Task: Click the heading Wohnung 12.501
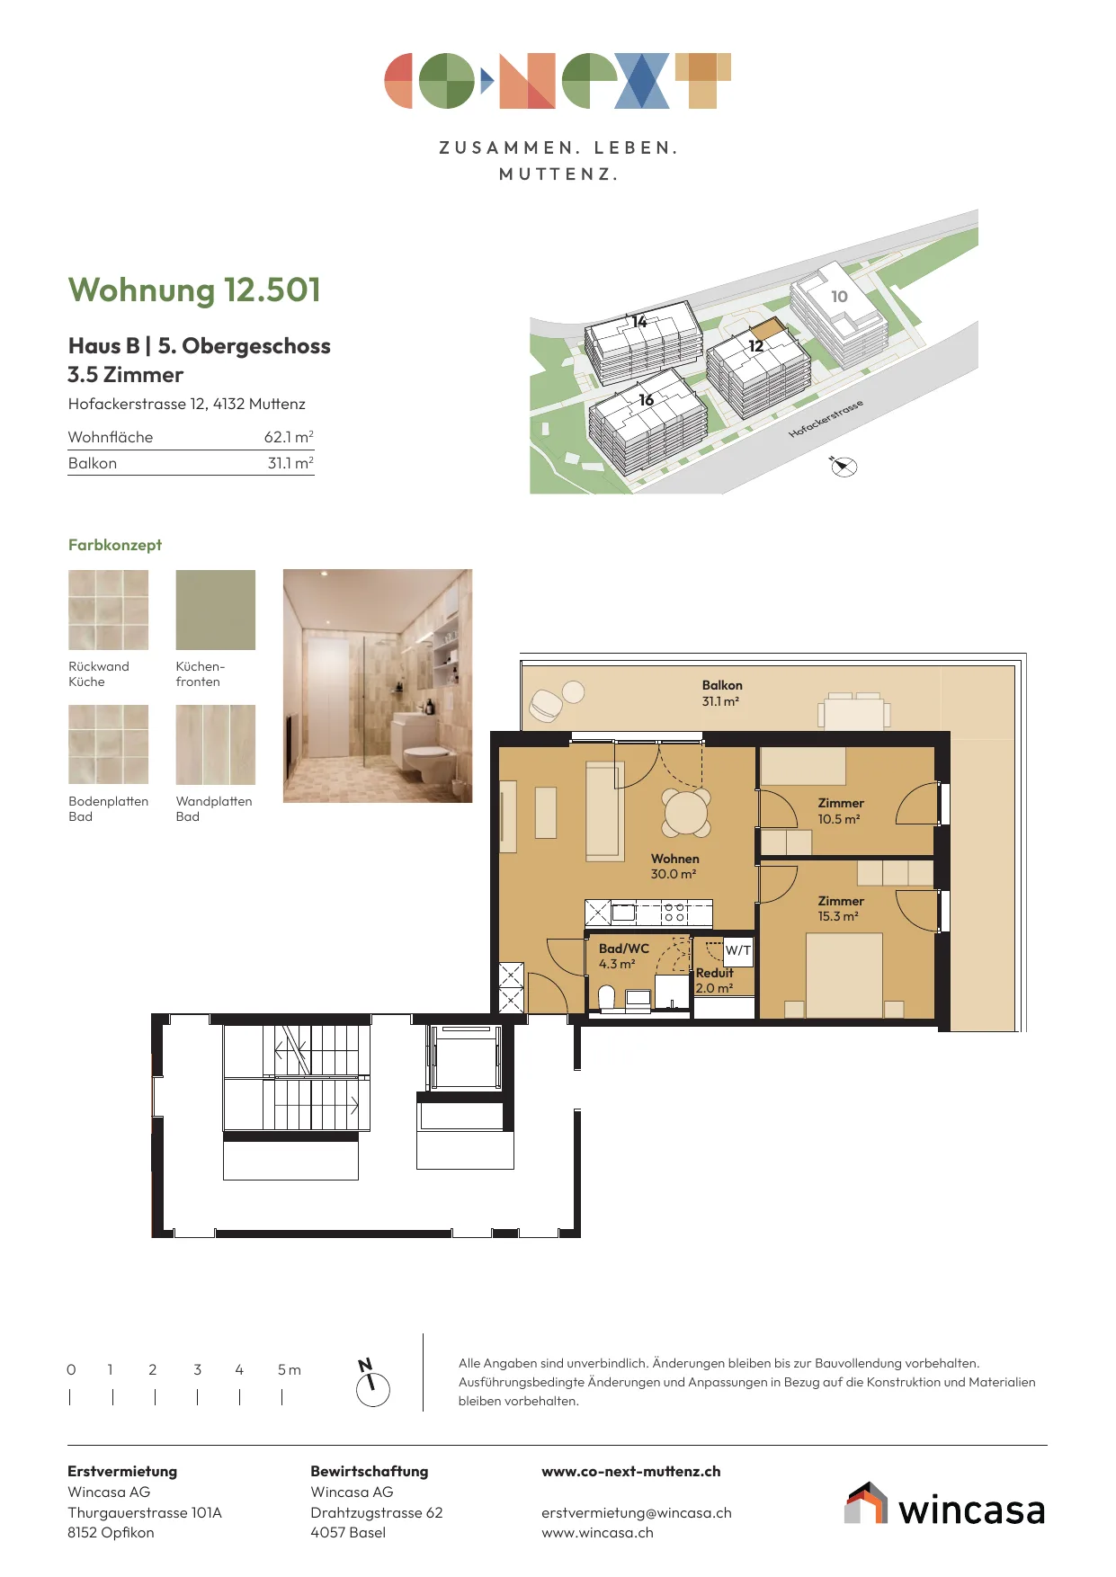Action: coord(194,290)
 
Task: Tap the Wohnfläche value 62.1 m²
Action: coord(289,437)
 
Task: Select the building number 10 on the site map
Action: coord(839,297)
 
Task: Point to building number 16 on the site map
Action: coord(646,400)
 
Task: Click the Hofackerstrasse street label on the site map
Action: coord(826,419)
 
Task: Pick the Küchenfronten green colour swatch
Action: coord(216,610)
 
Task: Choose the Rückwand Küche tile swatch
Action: coord(109,610)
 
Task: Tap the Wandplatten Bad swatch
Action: coord(216,744)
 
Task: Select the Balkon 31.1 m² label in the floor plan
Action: coord(722,693)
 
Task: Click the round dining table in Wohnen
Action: coord(686,812)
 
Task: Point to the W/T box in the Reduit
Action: coord(738,951)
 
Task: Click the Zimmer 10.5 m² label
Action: coord(841,811)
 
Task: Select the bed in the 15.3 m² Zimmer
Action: coord(844,976)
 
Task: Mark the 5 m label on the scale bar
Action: coord(290,1370)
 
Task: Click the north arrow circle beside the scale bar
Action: coord(373,1390)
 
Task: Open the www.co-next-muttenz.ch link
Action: coord(631,1472)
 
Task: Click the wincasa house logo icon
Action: coord(866,1503)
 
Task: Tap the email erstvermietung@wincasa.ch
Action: coord(637,1513)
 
